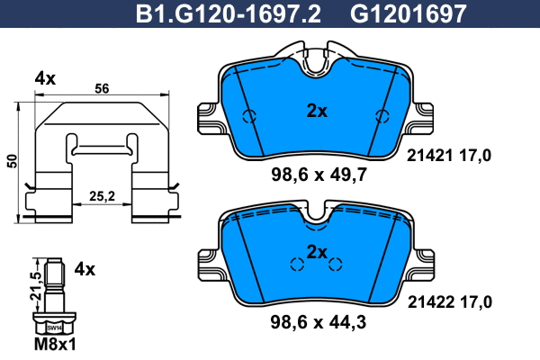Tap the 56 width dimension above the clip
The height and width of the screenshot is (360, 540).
(x=101, y=89)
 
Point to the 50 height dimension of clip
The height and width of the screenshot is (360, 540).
(x=12, y=161)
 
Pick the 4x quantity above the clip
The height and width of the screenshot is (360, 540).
(x=45, y=78)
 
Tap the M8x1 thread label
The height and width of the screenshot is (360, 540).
(x=54, y=346)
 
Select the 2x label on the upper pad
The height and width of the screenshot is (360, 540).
(x=317, y=112)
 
